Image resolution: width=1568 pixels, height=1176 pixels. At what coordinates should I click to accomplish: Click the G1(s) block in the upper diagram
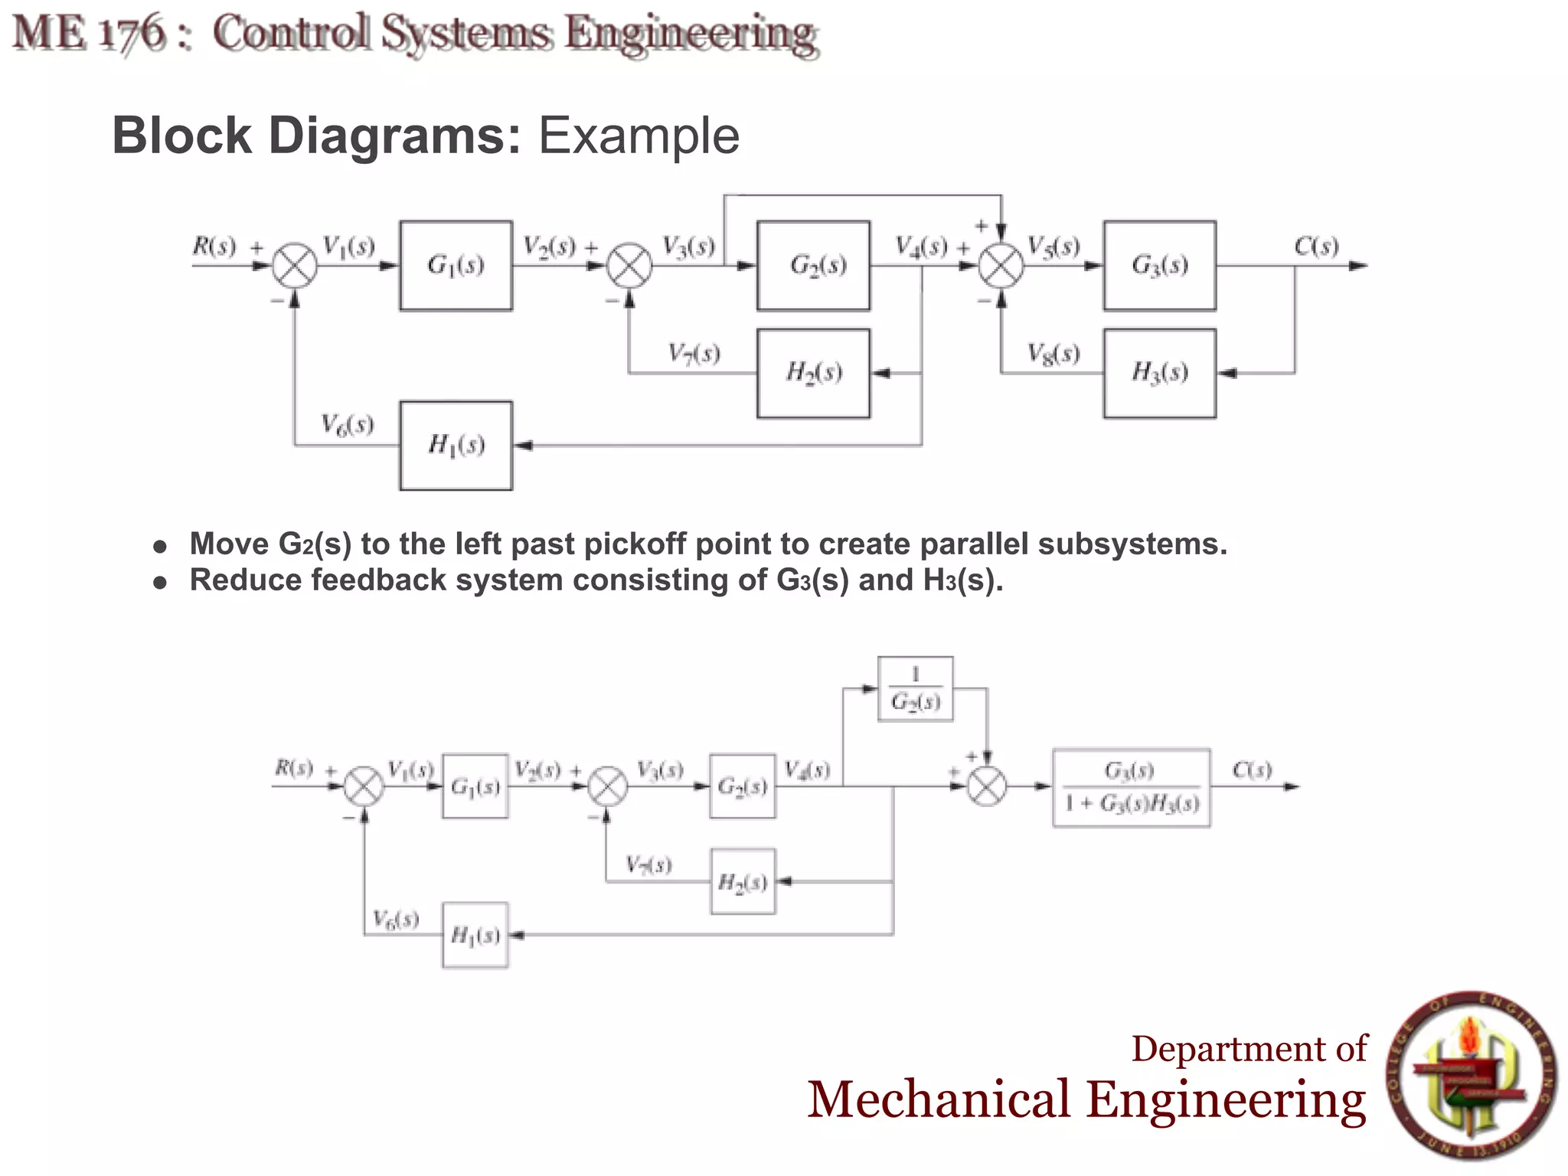pyautogui.click(x=456, y=266)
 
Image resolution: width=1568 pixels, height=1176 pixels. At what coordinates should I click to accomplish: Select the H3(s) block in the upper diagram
pyautogui.click(x=1159, y=373)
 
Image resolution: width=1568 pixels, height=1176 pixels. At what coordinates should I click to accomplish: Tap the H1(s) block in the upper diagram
pyautogui.click(x=456, y=445)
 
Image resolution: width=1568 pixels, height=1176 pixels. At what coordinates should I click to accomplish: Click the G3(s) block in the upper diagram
pyautogui.click(x=1159, y=266)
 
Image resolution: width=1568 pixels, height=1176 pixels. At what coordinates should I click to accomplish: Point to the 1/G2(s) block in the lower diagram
pyautogui.click(x=915, y=688)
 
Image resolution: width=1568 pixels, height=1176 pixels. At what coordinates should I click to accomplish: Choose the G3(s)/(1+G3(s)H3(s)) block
pyautogui.click(x=1131, y=787)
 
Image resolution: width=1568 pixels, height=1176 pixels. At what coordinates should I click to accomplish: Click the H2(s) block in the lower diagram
pyautogui.click(x=743, y=881)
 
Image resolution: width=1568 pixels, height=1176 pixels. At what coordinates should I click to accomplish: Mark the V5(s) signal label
pyautogui.click(x=1053, y=247)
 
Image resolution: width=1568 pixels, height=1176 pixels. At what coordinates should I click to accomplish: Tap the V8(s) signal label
pyautogui.click(x=1053, y=354)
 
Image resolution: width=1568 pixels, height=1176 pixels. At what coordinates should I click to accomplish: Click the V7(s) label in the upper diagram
pyautogui.click(x=694, y=353)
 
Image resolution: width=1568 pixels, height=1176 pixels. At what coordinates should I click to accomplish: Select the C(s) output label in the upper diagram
pyautogui.click(x=1316, y=247)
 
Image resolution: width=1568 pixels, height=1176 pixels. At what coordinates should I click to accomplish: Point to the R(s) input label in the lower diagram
pyautogui.click(x=294, y=767)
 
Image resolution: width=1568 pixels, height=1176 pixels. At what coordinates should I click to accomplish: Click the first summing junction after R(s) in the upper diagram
pyautogui.click(x=296, y=266)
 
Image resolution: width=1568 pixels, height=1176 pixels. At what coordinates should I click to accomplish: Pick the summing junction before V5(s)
pyautogui.click(x=1001, y=266)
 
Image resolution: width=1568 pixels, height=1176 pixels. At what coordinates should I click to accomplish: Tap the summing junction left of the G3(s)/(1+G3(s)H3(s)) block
pyautogui.click(x=987, y=786)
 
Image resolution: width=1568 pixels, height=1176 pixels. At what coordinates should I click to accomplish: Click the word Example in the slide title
pyautogui.click(x=639, y=136)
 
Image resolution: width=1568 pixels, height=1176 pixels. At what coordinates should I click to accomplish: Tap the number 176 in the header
pyautogui.click(x=133, y=34)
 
